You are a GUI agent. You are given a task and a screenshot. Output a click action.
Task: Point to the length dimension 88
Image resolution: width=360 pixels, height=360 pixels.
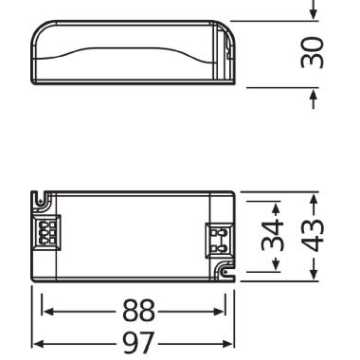[x=133, y=312]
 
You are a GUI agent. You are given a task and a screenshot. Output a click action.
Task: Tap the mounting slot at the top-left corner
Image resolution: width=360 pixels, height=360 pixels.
[x=42, y=201]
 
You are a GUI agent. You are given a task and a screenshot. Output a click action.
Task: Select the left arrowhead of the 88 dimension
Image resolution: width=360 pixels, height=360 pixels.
[x=45, y=312]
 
